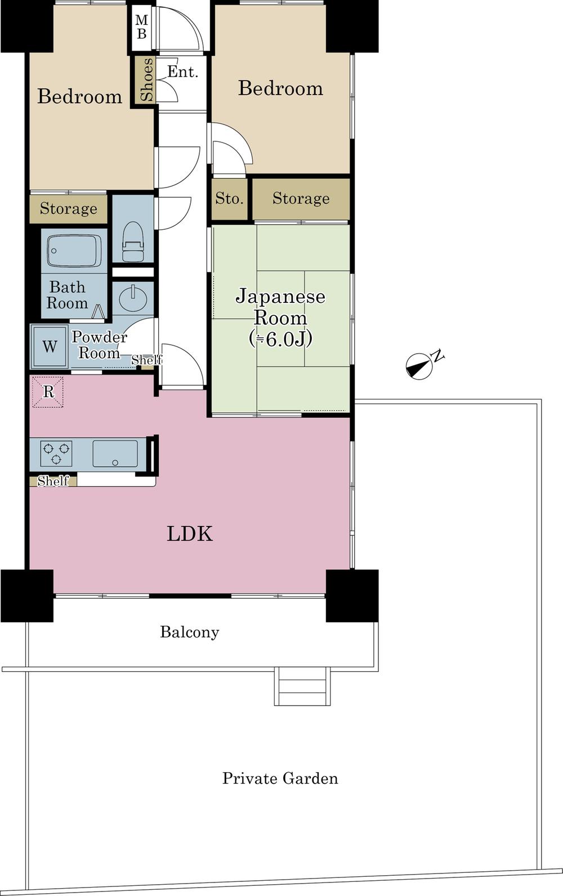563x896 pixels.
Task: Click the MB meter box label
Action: click(x=141, y=27)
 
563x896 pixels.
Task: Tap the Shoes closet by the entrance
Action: click(x=145, y=79)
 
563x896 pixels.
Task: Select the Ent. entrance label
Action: click(x=182, y=72)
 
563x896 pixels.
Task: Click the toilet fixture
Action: click(x=133, y=242)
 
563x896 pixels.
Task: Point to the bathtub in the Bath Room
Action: click(x=74, y=251)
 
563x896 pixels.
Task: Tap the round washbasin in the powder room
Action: click(x=133, y=297)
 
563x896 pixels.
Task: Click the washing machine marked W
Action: click(x=50, y=346)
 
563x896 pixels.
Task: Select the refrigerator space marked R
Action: click(x=48, y=391)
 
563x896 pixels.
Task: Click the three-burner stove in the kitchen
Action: click(x=56, y=453)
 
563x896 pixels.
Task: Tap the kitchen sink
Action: click(x=115, y=453)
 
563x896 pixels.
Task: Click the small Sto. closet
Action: click(x=230, y=199)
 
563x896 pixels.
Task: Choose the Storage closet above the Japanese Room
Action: click(x=301, y=199)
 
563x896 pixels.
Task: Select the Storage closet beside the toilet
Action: click(x=68, y=209)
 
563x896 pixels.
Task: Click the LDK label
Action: click(x=190, y=533)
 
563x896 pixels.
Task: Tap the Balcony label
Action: click(x=190, y=632)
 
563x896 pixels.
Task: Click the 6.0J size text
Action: click(x=280, y=339)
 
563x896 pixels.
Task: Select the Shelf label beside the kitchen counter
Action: click(x=53, y=481)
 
